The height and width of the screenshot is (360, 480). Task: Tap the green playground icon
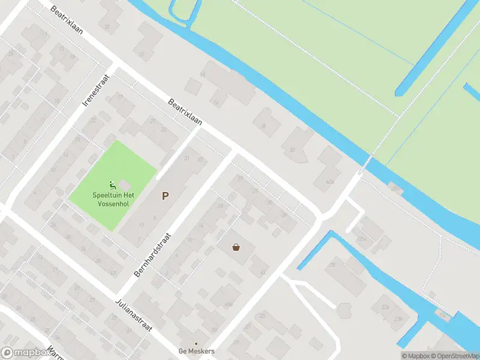pos(112,185)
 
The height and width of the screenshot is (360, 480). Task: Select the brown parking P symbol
pos(164,195)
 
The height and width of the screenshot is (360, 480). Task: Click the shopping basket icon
pos(236,246)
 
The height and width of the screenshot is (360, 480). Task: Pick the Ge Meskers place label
pos(196,352)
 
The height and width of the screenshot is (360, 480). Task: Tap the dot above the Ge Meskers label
pos(196,344)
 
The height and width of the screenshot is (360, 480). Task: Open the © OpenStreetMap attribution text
pos(455,356)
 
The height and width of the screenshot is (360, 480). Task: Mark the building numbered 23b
pos(398,319)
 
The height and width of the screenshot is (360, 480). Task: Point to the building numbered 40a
pos(227,304)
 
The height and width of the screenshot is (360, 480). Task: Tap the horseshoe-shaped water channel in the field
pos(184,11)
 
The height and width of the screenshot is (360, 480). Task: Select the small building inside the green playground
pos(124,183)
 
